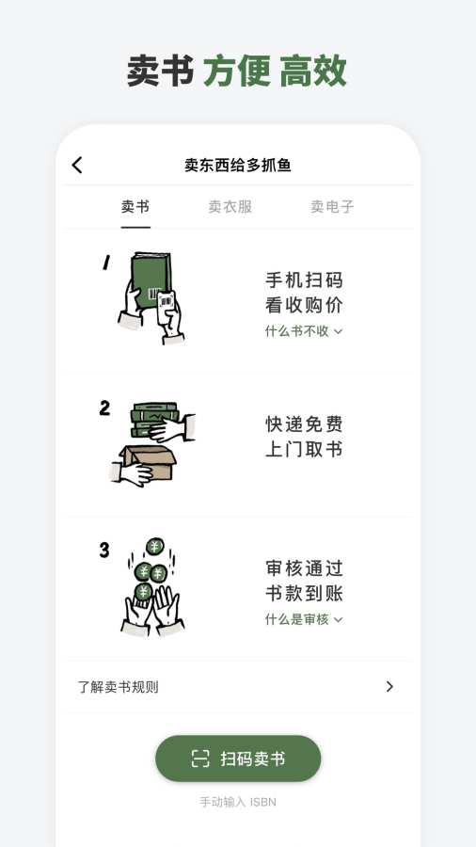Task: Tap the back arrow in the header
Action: click(77, 166)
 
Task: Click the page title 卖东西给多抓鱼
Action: click(238, 166)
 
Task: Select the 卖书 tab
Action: click(135, 207)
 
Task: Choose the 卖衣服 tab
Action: click(230, 207)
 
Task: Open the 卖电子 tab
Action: click(332, 207)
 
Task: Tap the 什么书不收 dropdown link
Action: click(304, 331)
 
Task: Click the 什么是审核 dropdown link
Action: click(304, 619)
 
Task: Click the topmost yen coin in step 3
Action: click(155, 546)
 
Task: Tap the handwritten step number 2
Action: click(104, 408)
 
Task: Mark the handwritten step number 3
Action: click(104, 551)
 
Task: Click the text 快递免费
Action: click(304, 424)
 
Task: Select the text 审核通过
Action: click(304, 568)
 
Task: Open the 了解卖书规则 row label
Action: click(119, 687)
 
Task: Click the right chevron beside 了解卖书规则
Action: click(389, 687)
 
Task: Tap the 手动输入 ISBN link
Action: click(238, 803)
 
